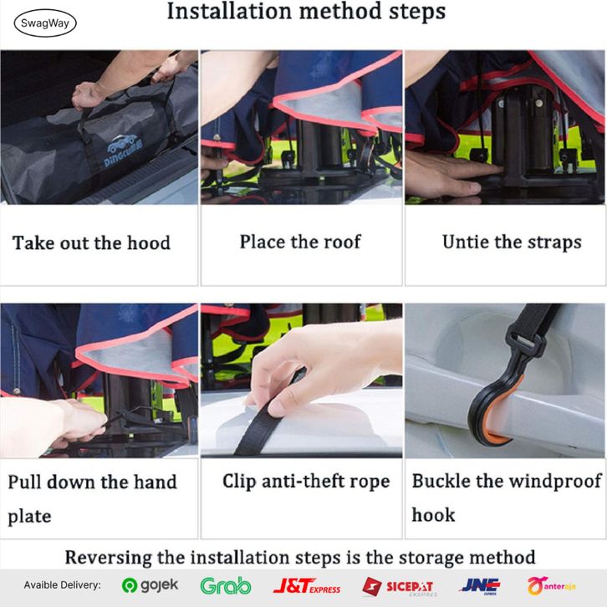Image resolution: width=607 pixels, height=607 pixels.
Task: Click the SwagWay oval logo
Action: pyautogui.click(x=45, y=23)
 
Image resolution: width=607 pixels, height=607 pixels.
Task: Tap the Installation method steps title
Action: pyautogui.click(x=306, y=11)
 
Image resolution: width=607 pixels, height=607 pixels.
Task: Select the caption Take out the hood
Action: pyautogui.click(x=91, y=243)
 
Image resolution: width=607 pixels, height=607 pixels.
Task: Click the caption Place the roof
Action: pyautogui.click(x=300, y=242)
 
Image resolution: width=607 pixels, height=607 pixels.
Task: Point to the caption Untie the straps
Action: pyautogui.click(x=512, y=242)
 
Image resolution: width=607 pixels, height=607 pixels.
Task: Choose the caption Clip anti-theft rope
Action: pyautogui.click(x=306, y=482)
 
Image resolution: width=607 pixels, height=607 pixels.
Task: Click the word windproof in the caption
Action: pyautogui.click(x=554, y=482)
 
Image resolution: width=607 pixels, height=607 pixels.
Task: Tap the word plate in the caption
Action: pyautogui.click(x=29, y=516)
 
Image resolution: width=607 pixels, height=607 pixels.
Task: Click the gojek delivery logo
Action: pyautogui.click(x=150, y=585)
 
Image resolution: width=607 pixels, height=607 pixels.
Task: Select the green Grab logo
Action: pyautogui.click(x=226, y=585)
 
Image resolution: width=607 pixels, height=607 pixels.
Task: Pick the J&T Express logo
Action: pyautogui.click(x=307, y=586)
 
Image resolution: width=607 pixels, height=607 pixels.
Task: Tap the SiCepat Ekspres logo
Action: pyautogui.click(x=399, y=586)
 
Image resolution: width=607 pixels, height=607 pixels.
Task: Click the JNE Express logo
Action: pyautogui.click(x=480, y=586)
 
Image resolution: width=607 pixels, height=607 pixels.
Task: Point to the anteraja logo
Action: pyautogui.click(x=551, y=586)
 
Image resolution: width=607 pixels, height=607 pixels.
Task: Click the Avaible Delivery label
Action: pyautogui.click(x=62, y=585)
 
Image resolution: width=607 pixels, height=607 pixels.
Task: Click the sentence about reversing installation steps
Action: pyautogui.click(x=300, y=558)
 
